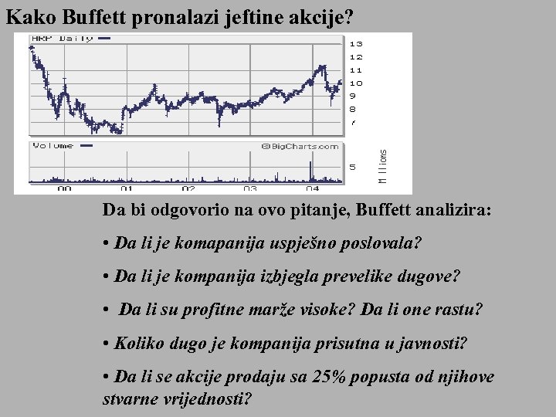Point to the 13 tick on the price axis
point(356,44)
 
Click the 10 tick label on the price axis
point(356,83)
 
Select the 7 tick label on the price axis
point(353,122)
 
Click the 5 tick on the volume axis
point(353,166)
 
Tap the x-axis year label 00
point(64,188)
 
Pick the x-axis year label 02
point(188,188)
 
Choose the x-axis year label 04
point(312,188)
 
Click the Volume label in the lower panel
point(53,145)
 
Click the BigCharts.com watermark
point(300,146)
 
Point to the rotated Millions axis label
point(384,166)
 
